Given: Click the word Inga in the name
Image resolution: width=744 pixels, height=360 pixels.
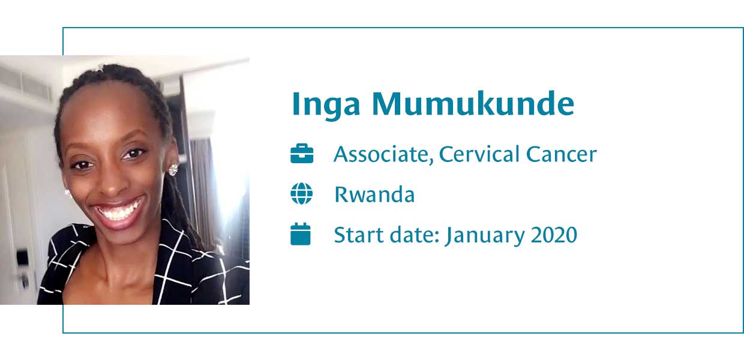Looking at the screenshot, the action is pos(326,104).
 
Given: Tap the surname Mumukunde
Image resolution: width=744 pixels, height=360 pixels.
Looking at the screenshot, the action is pos(473,103).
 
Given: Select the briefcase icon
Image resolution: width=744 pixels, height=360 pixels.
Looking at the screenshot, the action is pos(302,154).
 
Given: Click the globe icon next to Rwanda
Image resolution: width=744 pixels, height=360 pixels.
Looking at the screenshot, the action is pos(302,194).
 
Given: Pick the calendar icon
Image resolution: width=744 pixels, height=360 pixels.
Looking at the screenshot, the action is pos(301,234).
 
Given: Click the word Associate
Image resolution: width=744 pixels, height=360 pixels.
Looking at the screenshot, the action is pos(384,154).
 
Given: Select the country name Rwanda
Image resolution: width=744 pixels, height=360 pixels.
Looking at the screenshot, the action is pos(374,194).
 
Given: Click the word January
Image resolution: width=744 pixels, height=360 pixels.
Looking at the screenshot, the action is pos(485,236).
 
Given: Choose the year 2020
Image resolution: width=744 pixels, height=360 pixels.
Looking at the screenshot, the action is pos(554,235).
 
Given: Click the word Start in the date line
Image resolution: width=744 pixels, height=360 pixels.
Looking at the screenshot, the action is pos(359,235).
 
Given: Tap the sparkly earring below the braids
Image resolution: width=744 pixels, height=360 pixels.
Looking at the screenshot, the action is pos(173,170).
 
